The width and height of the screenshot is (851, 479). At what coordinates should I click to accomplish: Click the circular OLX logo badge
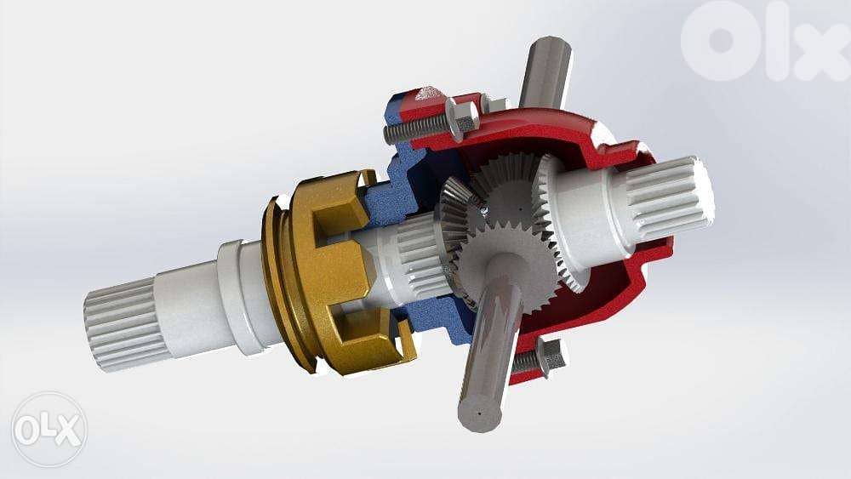pyautogui.click(x=49, y=429)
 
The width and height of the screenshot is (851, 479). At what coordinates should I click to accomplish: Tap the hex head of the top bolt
pyautogui.click(x=460, y=118)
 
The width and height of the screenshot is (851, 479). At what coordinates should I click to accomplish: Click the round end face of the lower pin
pyautogui.click(x=477, y=412)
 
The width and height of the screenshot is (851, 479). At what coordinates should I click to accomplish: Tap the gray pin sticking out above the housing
pyautogui.click(x=545, y=72)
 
